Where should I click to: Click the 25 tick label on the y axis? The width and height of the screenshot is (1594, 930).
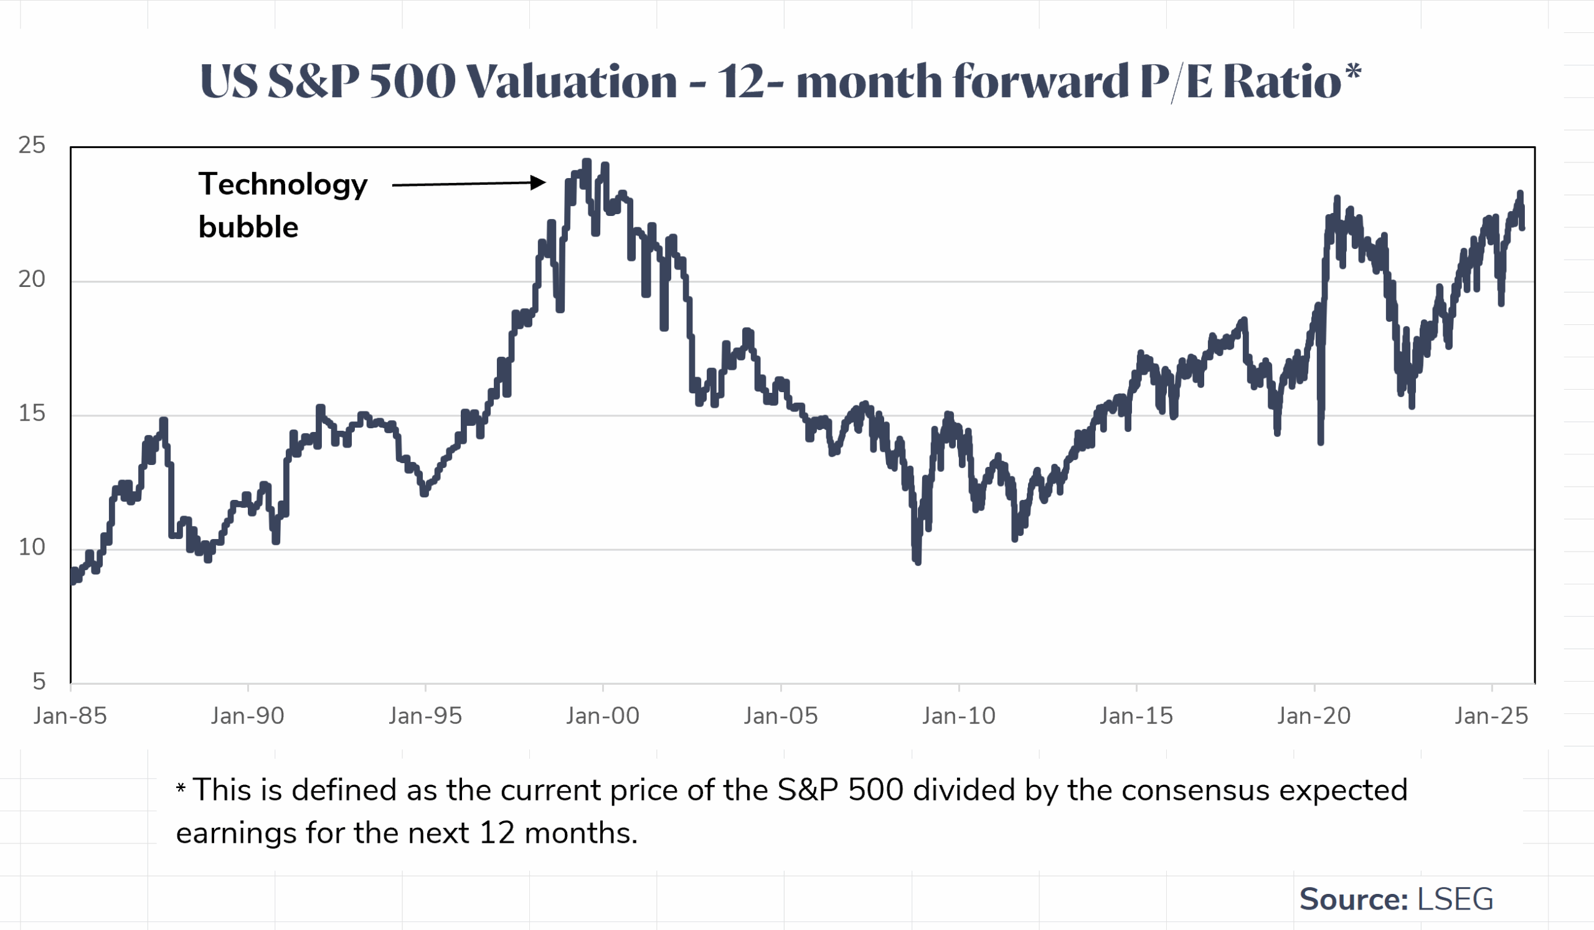click(x=32, y=146)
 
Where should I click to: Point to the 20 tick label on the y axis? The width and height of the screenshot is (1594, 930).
click(x=32, y=279)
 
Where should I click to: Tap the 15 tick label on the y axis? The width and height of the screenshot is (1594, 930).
click(x=32, y=413)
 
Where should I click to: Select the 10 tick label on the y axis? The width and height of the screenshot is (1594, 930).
click(x=32, y=548)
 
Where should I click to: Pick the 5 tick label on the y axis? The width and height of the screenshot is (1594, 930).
click(x=39, y=682)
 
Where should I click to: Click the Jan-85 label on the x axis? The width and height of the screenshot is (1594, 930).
click(x=70, y=716)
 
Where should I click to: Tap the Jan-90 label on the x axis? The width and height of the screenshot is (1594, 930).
click(x=247, y=716)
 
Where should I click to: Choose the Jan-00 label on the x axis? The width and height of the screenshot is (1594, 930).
click(x=603, y=716)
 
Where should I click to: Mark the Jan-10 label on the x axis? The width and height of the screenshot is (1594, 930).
click(x=958, y=716)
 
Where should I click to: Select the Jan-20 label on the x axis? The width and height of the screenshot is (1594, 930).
click(x=1314, y=716)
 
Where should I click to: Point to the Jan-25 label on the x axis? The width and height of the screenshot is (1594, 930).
click(x=1491, y=716)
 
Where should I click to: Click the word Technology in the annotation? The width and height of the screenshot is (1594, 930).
click(x=283, y=186)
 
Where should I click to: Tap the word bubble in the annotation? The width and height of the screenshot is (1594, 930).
click(x=248, y=227)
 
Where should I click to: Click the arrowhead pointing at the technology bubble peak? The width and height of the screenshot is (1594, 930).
click(x=537, y=183)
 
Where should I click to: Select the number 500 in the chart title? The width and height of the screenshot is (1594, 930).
click(x=412, y=82)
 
